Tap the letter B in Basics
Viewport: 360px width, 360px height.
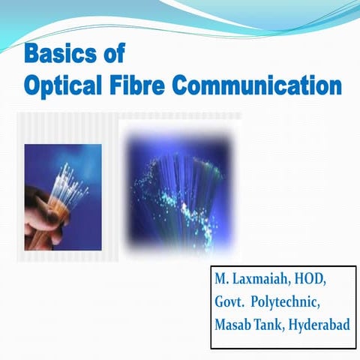pos(32,55)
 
